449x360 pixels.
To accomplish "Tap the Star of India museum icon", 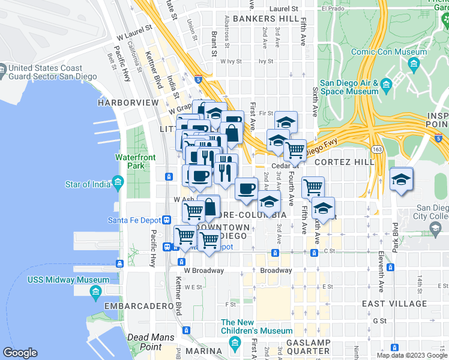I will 118,181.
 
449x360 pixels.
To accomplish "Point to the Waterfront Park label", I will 136,161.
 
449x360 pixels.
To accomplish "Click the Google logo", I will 20,353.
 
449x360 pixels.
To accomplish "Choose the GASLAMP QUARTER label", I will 307,347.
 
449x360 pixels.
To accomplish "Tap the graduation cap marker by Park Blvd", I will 400,181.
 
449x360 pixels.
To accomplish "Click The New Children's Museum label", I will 256,326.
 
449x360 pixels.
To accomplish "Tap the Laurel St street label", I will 283,9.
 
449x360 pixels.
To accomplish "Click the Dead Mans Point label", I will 145,342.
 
